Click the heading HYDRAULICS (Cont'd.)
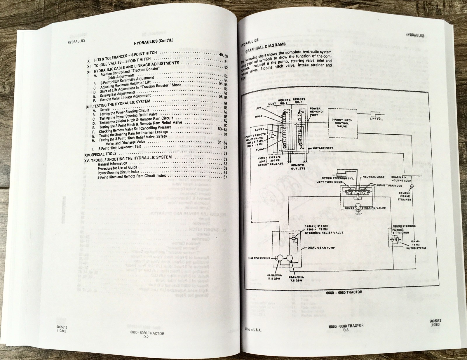(x=154, y=42)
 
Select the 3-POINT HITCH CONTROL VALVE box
(x=342, y=123)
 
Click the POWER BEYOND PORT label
(x=316, y=112)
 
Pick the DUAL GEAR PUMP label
(x=321, y=248)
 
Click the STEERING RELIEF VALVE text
(x=324, y=233)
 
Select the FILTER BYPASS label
(x=416, y=248)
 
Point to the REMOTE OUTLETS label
(x=298, y=167)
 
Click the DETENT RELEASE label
(x=271, y=164)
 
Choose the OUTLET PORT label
(x=323, y=148)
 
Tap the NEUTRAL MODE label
(x=374, y=177)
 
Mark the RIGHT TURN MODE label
(x=390, y=185)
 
